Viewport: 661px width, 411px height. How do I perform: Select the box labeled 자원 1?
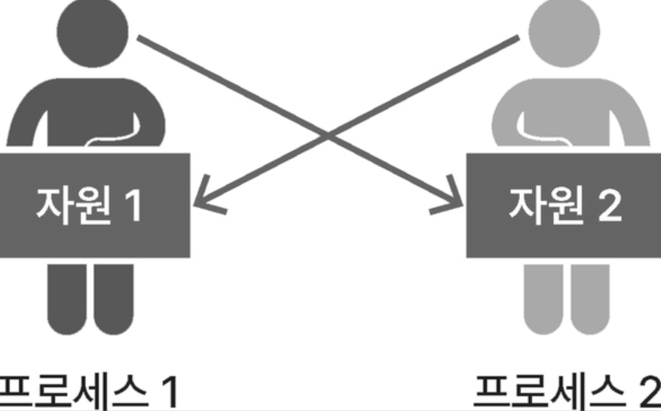click(94, 204)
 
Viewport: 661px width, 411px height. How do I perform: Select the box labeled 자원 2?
click(564, 204)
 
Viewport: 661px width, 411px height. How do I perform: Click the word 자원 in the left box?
click(71, 205)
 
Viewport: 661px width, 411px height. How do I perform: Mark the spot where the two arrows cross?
click(329, 135)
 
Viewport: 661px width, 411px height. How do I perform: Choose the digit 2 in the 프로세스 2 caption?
click(647, 391)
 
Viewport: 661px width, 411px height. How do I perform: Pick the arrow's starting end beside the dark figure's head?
click(143, 38)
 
